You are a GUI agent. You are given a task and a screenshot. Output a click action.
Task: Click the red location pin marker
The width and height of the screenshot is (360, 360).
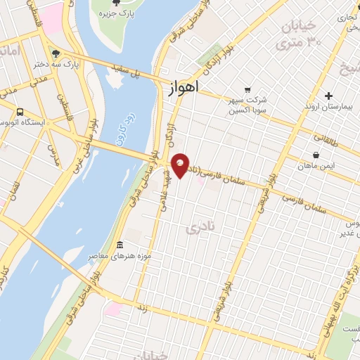click(181, 165)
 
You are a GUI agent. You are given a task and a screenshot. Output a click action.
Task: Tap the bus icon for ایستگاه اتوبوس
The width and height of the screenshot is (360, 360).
click(20, 111)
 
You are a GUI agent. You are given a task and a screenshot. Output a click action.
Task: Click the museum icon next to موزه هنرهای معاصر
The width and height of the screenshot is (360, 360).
click(120, 245)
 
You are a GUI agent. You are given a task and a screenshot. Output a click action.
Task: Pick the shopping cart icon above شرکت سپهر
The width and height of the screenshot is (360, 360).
click(247, 90)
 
